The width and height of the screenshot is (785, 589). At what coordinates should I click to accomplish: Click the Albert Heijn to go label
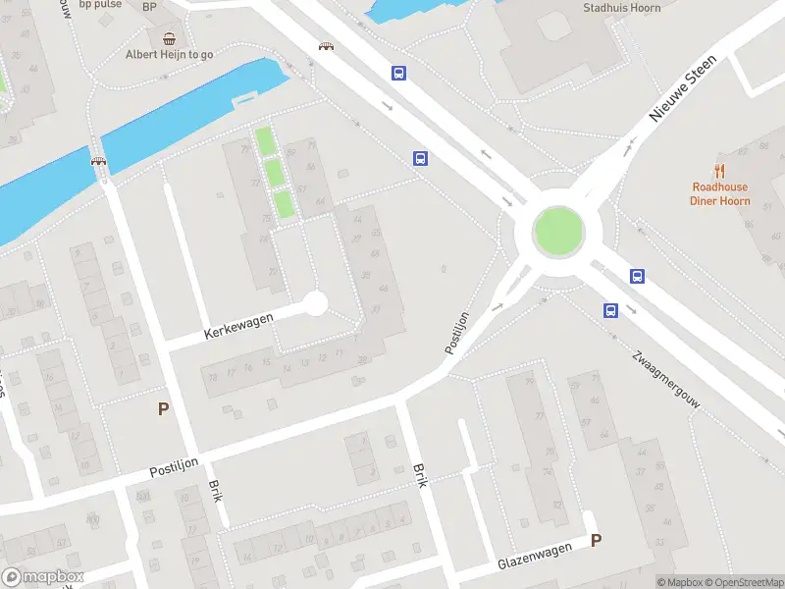coord(170,55)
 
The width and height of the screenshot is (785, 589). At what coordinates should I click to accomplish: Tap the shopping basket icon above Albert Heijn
coord(170,39)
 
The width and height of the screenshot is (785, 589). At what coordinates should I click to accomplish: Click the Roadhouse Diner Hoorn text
coord(720,194)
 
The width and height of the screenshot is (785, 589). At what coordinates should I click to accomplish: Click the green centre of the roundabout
coord(558,233)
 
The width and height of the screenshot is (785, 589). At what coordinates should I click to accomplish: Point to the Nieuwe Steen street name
coord(683,88)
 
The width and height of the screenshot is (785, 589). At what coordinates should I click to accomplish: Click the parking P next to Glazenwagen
coord(596,540)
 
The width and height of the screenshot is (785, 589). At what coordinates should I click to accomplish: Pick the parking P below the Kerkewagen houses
coord(163,409)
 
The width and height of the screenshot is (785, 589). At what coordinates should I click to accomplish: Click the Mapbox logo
coord(43,577)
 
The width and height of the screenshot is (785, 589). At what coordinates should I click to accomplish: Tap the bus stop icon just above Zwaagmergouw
coord(610,311)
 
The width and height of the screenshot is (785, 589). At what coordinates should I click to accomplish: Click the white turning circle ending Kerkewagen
coord(315,303)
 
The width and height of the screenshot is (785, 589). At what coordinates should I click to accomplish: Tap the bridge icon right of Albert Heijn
coord(325,45)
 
